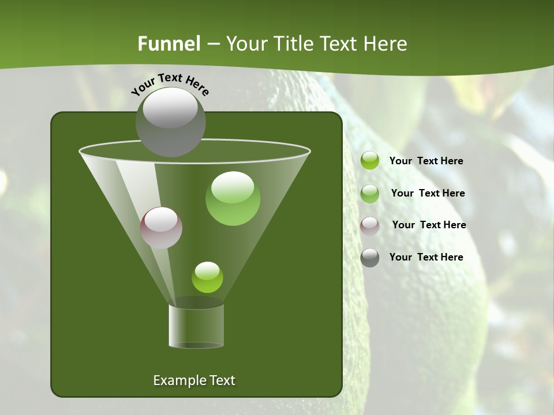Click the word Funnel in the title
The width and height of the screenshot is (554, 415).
tap(169, 44)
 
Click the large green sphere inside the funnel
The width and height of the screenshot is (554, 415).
tap(233, 199)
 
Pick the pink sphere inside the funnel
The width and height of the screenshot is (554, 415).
tap(162, 228)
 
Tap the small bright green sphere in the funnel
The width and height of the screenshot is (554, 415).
tap(207, 277)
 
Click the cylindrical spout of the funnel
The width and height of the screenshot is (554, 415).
tap(196, 326)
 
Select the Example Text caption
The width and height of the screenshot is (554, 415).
tap(194, 380)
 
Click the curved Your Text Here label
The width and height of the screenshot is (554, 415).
tap(170, 84)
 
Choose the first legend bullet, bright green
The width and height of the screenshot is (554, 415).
tap(370, 161)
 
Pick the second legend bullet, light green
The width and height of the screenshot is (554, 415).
tap(370, 193)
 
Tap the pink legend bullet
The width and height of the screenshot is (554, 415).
tap(370, 225)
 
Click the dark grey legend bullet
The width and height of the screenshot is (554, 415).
tap(370, 258)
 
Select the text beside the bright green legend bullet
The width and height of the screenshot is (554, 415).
tap(426, 161)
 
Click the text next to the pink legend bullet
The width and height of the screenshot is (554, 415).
tap(429, 225)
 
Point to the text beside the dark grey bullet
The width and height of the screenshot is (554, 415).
tap(426, 257)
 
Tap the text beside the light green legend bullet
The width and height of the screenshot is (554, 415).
tap(428, 193)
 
